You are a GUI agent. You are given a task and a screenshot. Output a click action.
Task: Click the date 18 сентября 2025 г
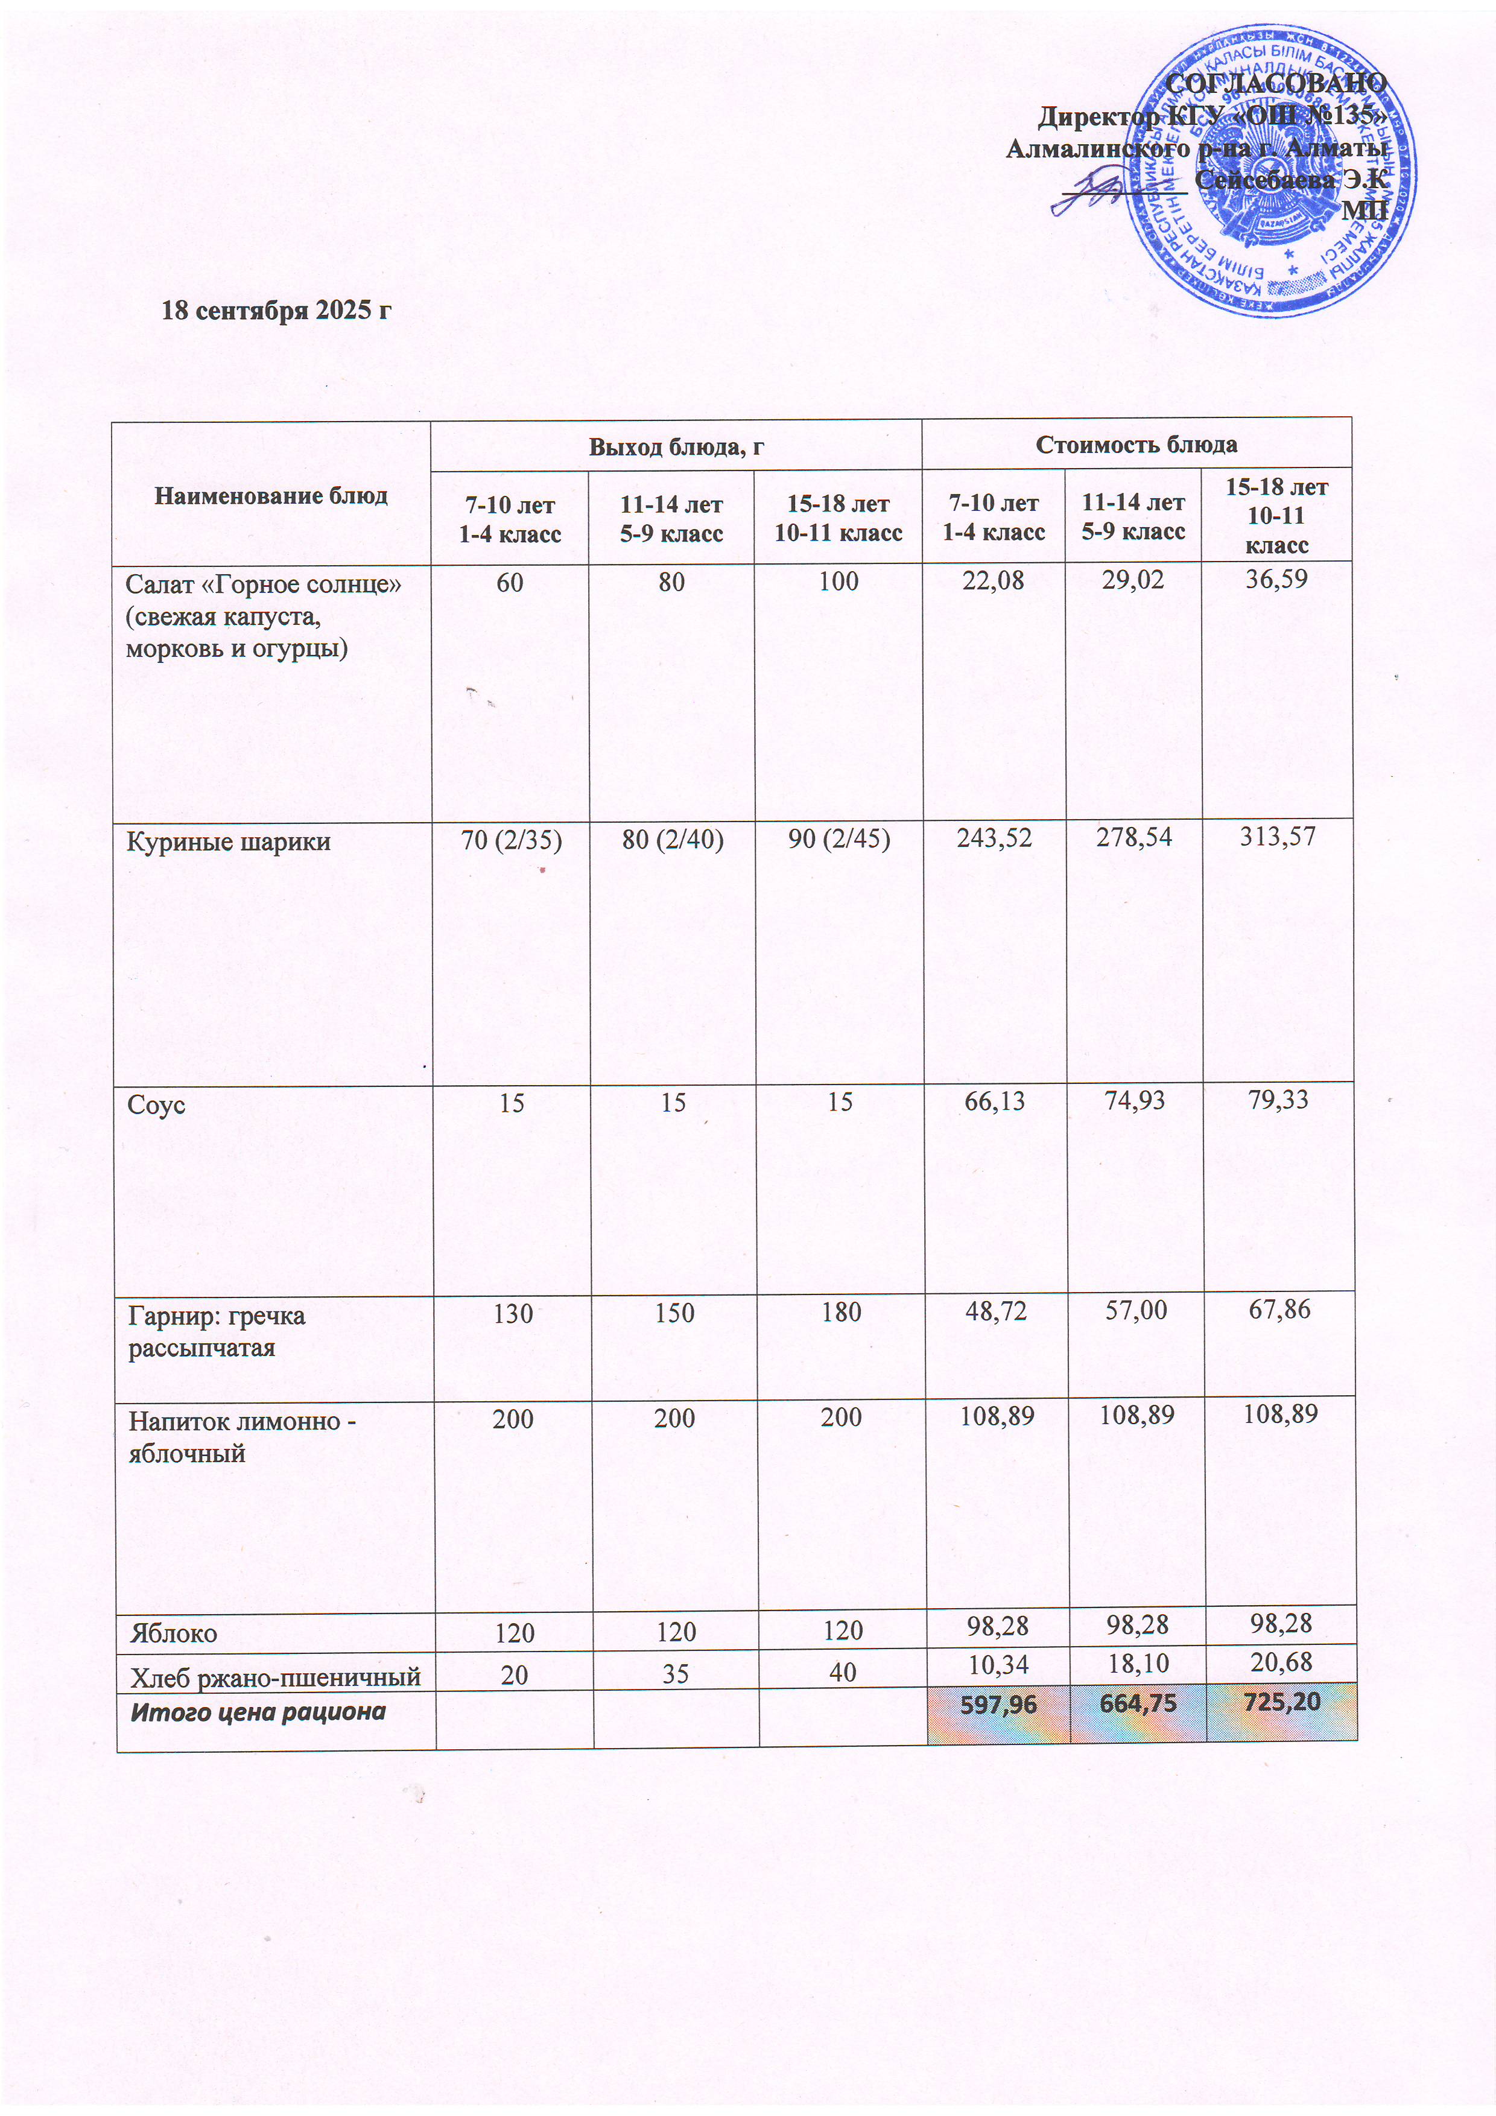[x=276, y=309]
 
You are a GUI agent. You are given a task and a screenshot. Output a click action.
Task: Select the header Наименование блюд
[x=271, y=496]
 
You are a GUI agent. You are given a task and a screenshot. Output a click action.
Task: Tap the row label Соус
[x=157, y=1105]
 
